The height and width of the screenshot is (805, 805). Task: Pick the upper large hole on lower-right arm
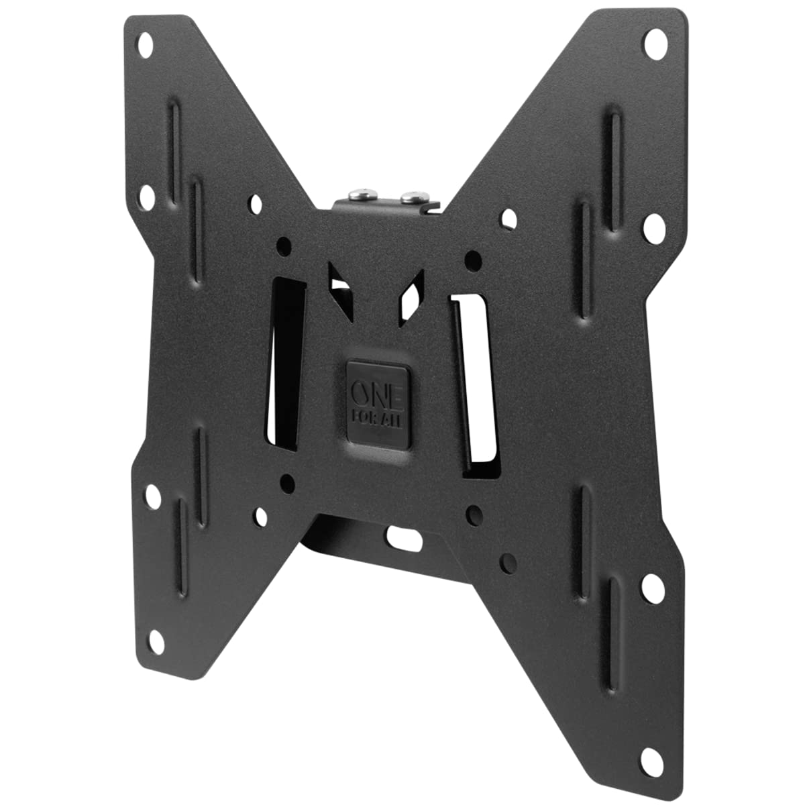coord(651,588)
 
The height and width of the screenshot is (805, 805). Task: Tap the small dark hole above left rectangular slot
coord(284,244)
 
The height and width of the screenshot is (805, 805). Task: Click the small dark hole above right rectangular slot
coord(473,258)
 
